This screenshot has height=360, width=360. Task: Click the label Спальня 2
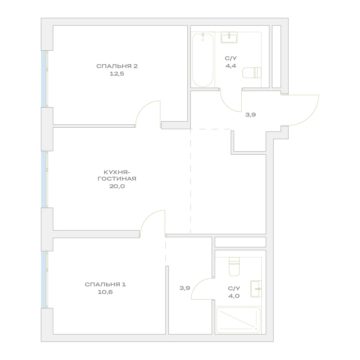[x=117, y=66]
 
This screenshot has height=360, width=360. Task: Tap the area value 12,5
[x=117, y=74]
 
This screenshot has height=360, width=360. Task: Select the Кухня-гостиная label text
[x=117, y=176]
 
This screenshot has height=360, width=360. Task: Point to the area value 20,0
[x=117, y=186]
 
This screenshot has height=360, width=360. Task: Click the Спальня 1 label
[x=105, y=284]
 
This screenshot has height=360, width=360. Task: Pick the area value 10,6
[x=105, y=292]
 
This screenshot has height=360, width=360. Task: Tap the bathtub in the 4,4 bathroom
[x=203, y=60]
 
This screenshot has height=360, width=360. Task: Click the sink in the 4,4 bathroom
[x=229, y=37]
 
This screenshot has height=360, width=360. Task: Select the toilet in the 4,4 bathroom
[x=252, y=73]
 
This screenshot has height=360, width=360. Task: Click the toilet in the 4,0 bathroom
[x=234, y=266]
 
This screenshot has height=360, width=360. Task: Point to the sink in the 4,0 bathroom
[x=256, y=289]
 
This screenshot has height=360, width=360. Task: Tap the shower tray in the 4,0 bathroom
[x=238, y=320]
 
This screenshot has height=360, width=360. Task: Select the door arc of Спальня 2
[x=142, y=108]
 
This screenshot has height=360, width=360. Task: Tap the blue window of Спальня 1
[x=44, y=279]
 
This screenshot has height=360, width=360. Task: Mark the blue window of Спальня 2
[x=44, y=79]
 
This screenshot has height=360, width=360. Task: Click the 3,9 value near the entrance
[x=250, y=115]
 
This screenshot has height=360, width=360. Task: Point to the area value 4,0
[x=234, y=296]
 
